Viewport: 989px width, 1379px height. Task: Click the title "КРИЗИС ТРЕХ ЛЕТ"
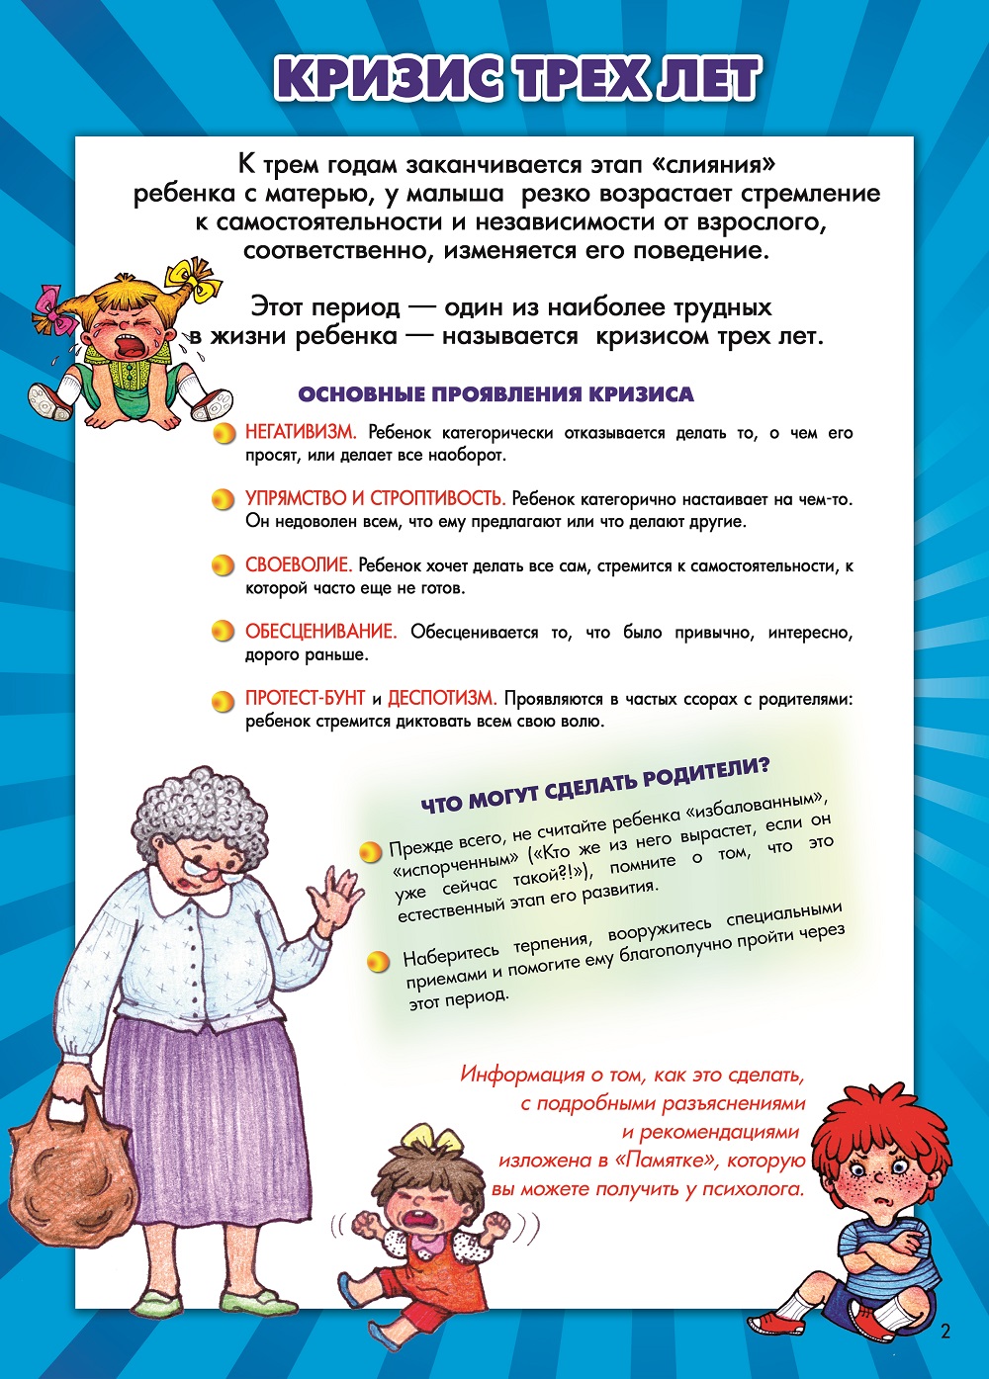518,79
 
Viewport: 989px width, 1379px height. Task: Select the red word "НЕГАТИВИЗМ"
300,433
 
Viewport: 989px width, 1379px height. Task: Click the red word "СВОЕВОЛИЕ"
298,565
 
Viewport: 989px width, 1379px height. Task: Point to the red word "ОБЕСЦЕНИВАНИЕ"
320,632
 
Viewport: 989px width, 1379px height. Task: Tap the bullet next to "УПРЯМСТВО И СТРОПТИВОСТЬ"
224,499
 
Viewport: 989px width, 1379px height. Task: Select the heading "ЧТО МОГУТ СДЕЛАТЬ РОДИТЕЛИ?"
595,784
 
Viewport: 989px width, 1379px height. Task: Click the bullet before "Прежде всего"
370,851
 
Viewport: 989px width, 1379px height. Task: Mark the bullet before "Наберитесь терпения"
377,960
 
